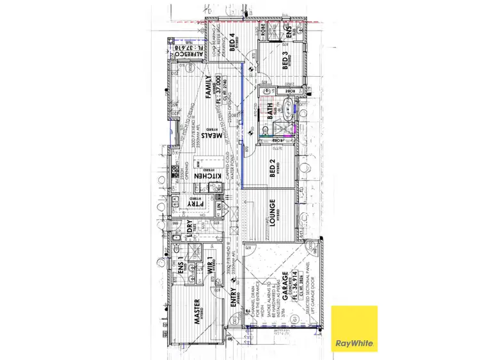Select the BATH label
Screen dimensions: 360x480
pyautogui.click(x=271, y=113)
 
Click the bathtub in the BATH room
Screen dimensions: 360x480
pyautogui.click(x=287, y=116)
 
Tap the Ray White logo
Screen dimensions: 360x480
pyautogui.click(x=354, y=329)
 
